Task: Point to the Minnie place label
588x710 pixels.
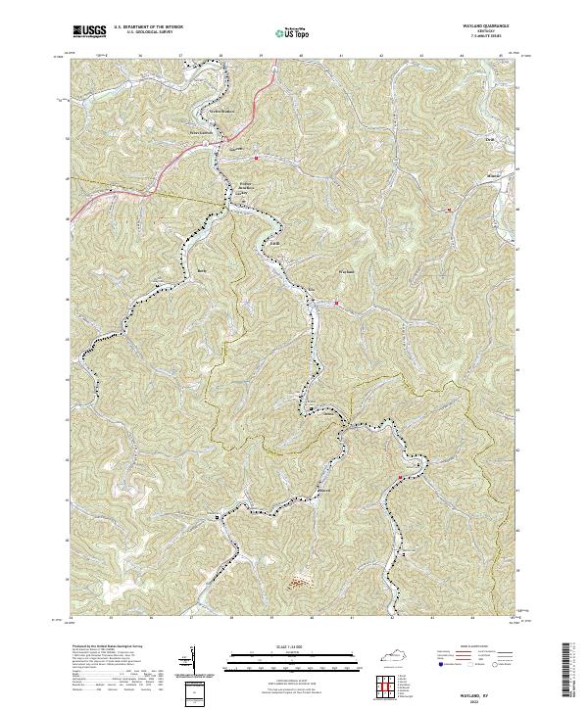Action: pos(494,177)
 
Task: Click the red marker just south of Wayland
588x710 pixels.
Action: pos(337,303)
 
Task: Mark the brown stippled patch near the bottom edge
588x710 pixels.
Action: pos(297,585)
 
